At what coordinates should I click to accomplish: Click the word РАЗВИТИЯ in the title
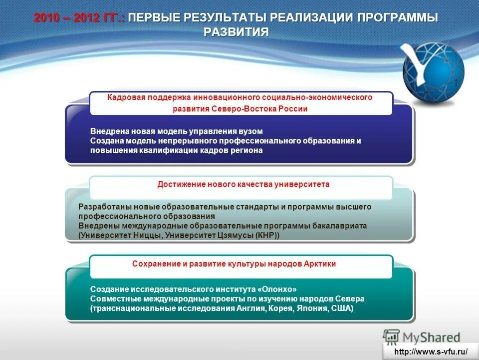[237, 32]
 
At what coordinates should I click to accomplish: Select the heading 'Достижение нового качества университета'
[243, 184]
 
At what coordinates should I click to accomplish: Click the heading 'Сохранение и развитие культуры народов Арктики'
[241, 263]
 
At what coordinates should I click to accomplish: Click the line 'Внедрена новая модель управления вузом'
[176, 131]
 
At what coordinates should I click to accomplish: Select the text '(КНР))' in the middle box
[267, 235]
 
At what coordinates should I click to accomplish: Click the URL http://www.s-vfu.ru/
[431, 351]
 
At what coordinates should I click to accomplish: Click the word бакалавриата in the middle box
[338, 225]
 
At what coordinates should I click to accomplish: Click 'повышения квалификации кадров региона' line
[176, 150]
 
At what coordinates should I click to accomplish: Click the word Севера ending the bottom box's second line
[351, 298]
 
